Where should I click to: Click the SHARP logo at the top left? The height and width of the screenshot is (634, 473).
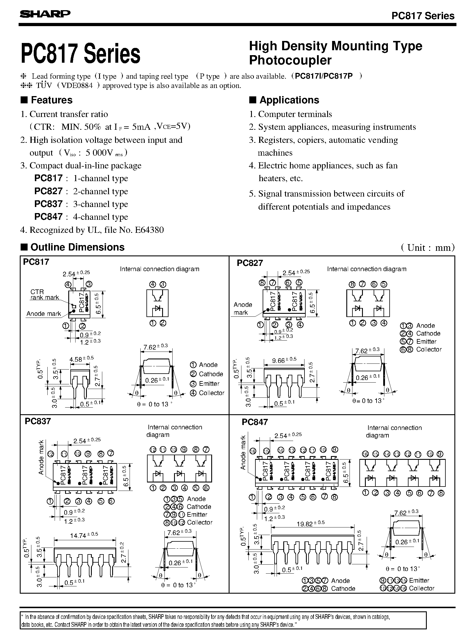(45, 14)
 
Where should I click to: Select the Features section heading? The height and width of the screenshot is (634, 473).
(51, 100)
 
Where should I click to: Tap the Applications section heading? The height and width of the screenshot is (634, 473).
(289, 100)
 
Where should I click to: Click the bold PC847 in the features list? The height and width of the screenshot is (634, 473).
(48, 217)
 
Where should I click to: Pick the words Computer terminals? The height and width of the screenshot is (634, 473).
(295, 114)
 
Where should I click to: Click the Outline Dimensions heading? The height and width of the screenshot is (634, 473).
(77, 247)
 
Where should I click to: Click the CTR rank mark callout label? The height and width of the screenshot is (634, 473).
(44, 294)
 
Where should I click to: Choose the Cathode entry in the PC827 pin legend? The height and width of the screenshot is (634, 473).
(428, 334)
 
